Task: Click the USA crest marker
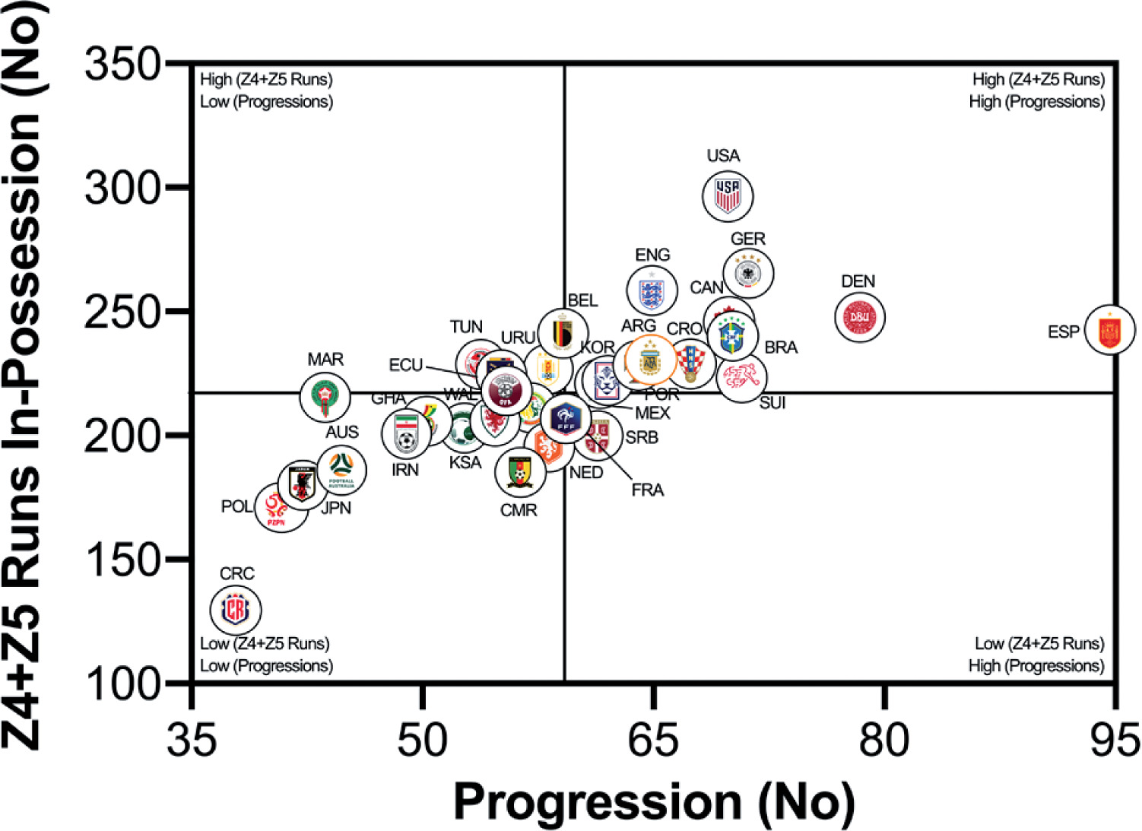tap(728, 196)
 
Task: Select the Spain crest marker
tap(1109, 331)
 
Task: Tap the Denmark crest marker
tap(860, 317)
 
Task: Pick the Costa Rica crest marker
tap(236, 609)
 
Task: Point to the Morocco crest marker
tap(325, 396)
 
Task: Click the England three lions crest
tap(652, 290)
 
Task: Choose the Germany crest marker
tap(749, 273)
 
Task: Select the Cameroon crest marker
tap(520, 471)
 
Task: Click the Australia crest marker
tap(341, 470)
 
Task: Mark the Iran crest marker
tap(406, 433)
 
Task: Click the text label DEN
tap(858, 282)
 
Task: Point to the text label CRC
tap(236, 573)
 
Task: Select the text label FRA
tap(647, 490)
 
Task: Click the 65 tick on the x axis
tap(653, 739)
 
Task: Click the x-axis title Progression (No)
tap(653, 801)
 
